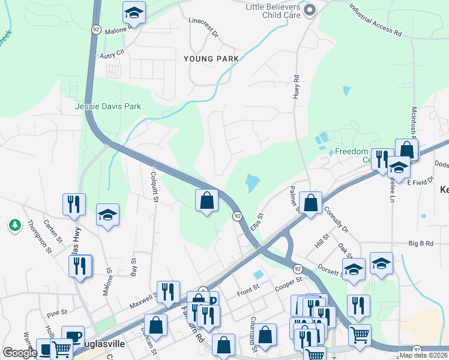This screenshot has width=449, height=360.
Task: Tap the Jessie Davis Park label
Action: pos(108,106)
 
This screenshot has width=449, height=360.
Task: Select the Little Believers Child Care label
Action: pos(273,11)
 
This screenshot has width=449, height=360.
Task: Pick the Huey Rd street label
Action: pos(297,87)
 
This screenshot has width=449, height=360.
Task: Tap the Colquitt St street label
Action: pos(154,186)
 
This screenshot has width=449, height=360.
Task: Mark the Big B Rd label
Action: pos(421,244)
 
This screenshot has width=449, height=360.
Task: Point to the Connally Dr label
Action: pos(336,220)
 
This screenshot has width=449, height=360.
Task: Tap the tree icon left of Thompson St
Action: pos(14,226)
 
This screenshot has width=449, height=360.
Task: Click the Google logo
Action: pos(20,352)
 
